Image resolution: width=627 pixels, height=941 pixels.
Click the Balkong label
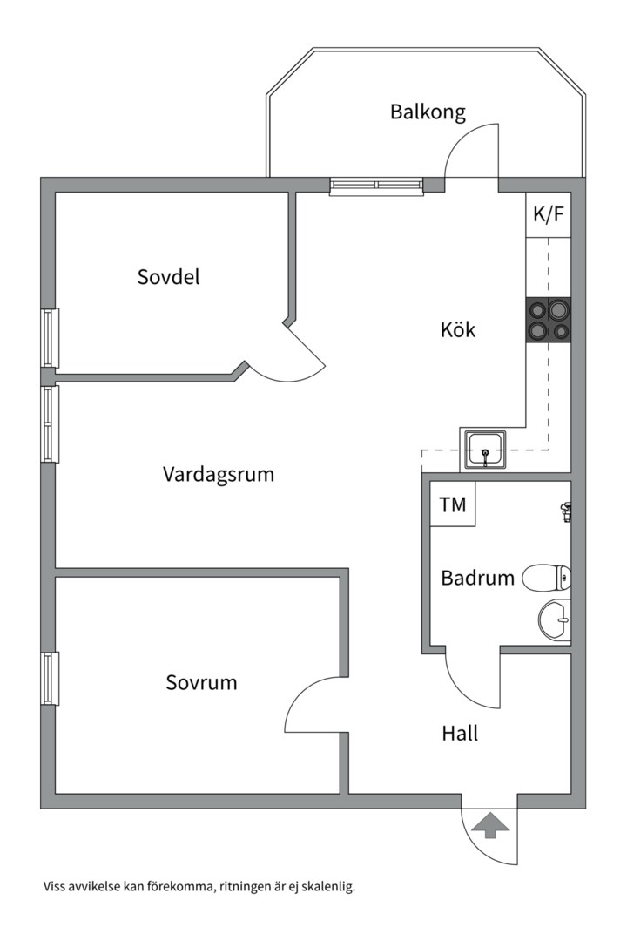click(x=428, y=112)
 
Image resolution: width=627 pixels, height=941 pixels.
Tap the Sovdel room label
click(x=169, y=277)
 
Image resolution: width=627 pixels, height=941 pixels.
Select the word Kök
click(x=458, y=329)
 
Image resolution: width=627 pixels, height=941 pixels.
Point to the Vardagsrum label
click(x=219, y=474)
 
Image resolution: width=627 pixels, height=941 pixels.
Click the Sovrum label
click(x=202, y=683)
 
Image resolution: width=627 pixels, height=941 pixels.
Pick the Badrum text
click(x=477, y=578)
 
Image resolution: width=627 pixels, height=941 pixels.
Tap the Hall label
click(x=460, y=734)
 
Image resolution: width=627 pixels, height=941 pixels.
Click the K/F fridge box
click(x=549, y=214)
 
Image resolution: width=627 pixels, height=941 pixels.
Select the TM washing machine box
click(x=453, y=504)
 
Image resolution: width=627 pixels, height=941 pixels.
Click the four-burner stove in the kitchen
click(x=549, y=321)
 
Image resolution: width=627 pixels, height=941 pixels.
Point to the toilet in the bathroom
click(x=547, y=578)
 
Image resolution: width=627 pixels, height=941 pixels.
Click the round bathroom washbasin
click(x=555, y=620)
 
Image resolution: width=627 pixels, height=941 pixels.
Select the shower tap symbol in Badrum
click(x=564, y=512)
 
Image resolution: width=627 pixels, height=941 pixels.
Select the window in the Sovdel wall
click(x=51, y=338)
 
